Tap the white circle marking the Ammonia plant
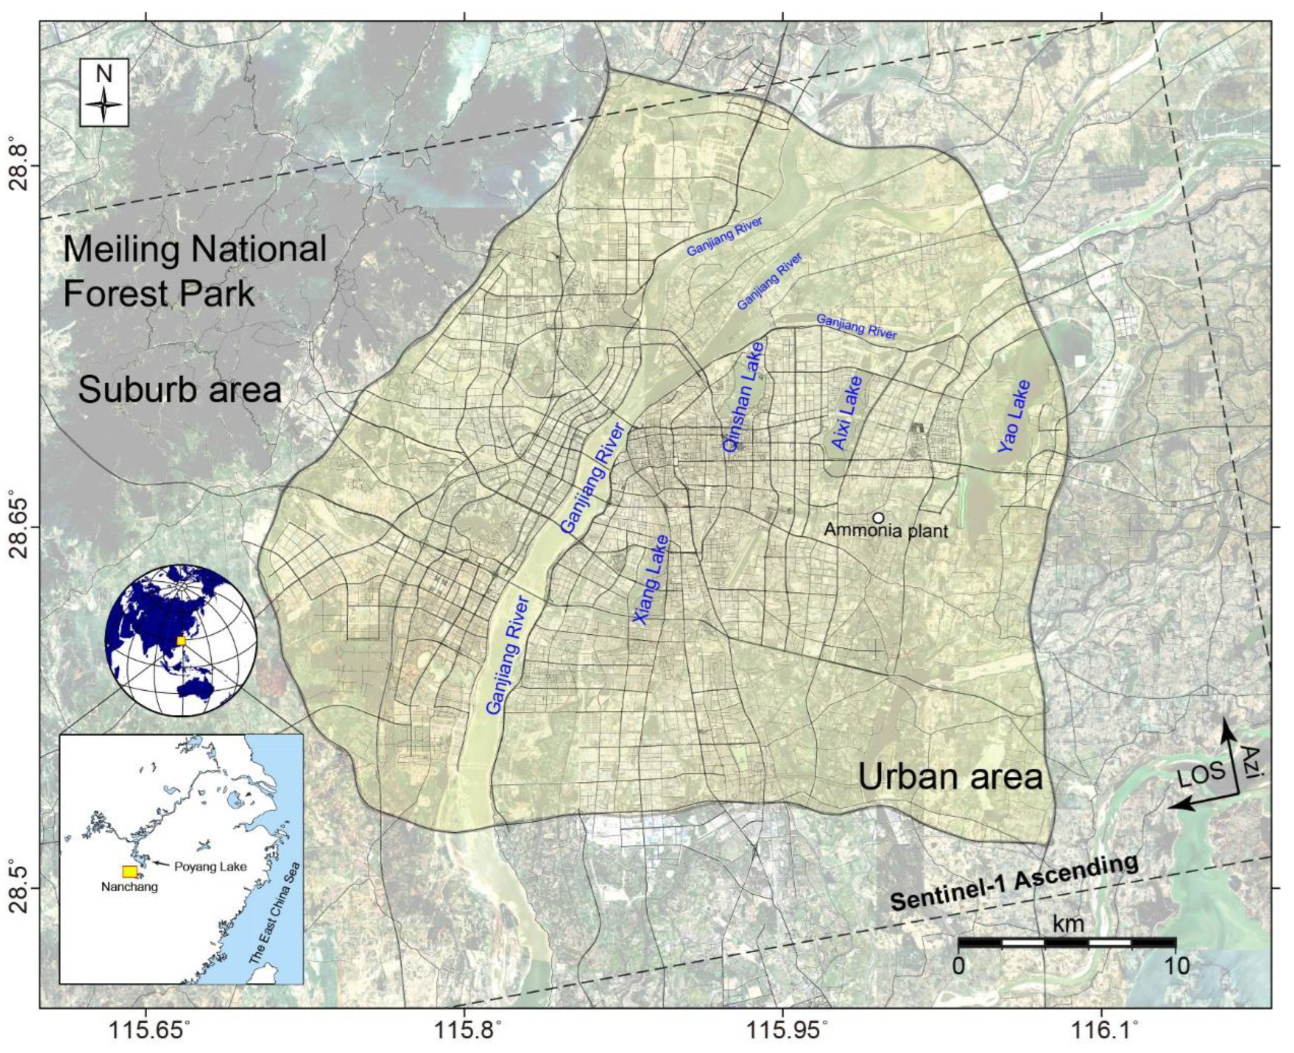[878, 517]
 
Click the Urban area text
[950, 777]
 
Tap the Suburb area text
[180, 390]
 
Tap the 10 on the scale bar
[1177, 966]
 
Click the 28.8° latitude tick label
[22, 164]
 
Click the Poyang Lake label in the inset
[210, 866]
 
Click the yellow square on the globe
[180, 641]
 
